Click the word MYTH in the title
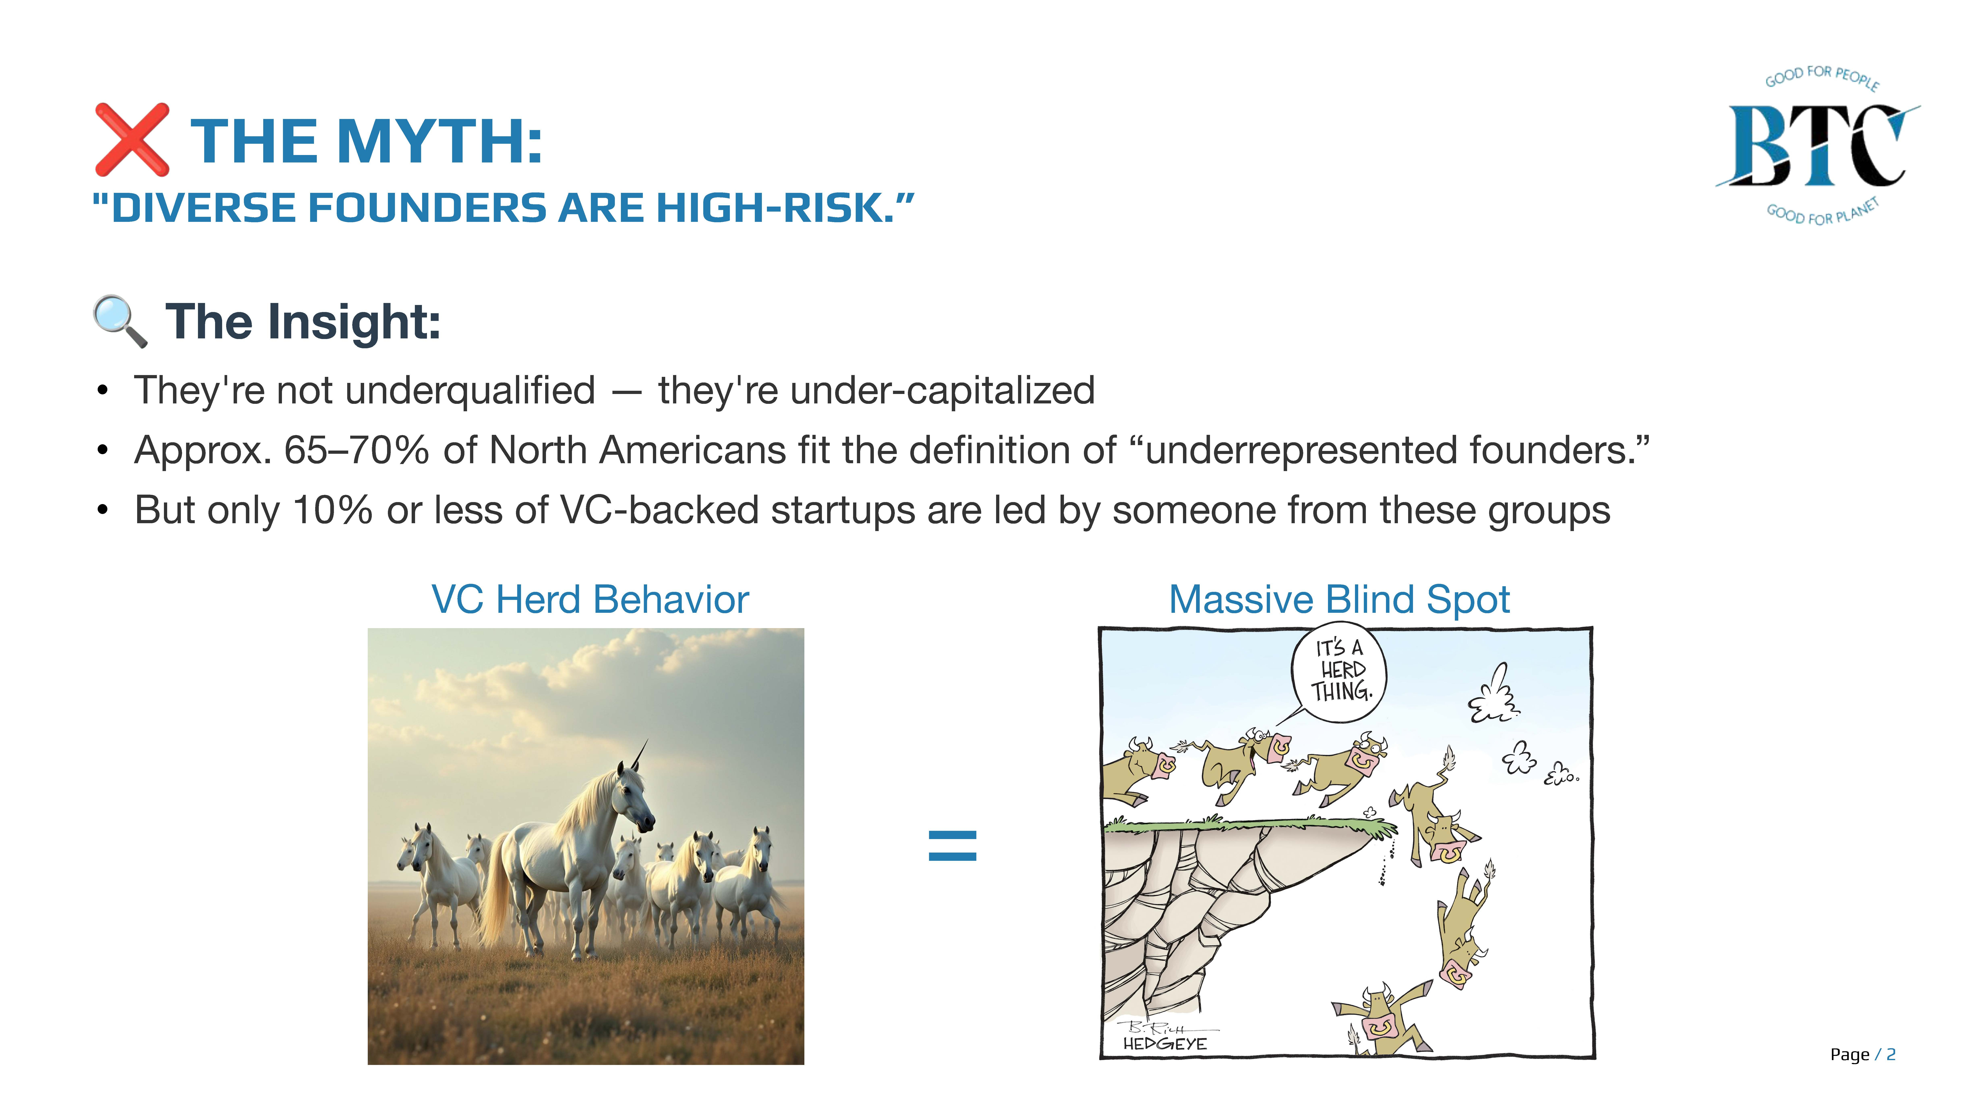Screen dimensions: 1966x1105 click(x=439, y=142)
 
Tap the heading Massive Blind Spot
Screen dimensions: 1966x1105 click(x=1339, y=600)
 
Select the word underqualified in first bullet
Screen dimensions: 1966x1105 click(x=470, y=391)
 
